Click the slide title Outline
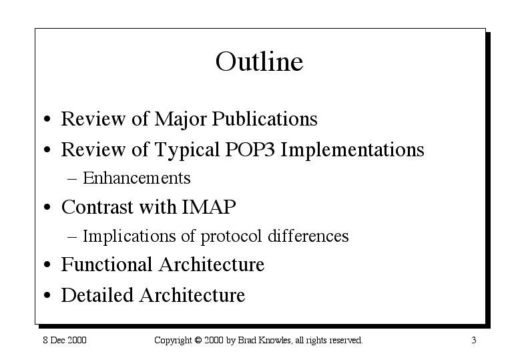(260, 61)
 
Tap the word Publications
(264, 120)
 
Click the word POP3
(250, 150)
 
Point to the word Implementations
(352, 151)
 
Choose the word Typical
(187, 151)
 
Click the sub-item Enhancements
(137, 178)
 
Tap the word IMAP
(209, 207)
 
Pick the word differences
(308, 236)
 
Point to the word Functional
(106, 264)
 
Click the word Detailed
(97, 295)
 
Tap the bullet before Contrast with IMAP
(47, 207)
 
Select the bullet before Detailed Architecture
(47, 295)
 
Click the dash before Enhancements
(72, 179)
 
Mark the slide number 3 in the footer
(474, 340)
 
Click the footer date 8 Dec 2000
(65, 340)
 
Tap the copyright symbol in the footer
(198, 340)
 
